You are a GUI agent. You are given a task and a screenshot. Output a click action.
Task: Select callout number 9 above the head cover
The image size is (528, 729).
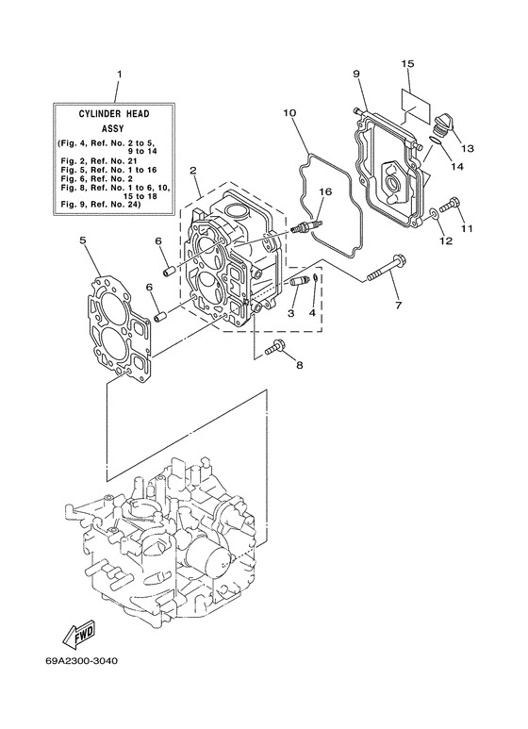click(358, 74)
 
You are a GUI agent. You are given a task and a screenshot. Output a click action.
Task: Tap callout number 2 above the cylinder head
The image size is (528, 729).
click(192, 172)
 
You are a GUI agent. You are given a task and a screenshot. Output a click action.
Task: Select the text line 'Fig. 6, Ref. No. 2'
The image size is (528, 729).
click(100, 179)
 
